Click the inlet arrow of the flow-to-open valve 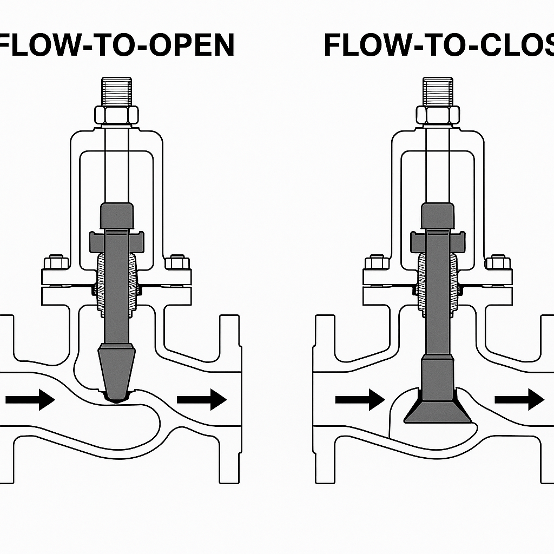[30, 400]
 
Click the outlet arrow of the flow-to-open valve [201, 400]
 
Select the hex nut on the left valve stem [116, 115]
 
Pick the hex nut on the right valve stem [438, 115]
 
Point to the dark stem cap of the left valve [116, 215]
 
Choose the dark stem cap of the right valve [438, 215]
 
